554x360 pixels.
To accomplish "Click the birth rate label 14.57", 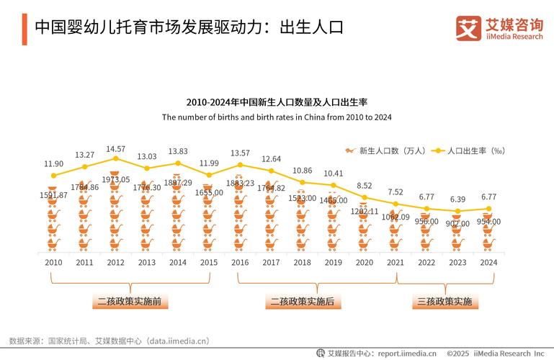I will tap(115, 149).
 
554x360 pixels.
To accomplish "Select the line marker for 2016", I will tap(240, 165).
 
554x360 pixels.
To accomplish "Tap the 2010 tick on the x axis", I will tap(53, 262).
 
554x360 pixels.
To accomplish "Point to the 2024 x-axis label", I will tap(488, 262).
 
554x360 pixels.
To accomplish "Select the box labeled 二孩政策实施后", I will tap(302, 301).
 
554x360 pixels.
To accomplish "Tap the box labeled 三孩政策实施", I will tap(444, 301).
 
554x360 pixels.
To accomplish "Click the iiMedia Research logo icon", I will tap(468, 28).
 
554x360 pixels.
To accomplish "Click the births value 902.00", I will tap(457, 224).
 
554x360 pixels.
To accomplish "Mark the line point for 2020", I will tap(365, 197).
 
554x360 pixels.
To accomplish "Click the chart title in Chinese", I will tap(277, 102).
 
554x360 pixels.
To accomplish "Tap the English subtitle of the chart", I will tap(277, 117).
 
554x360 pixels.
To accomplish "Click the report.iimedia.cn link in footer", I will tap(407, 354).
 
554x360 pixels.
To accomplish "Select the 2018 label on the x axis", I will tap(302, 262).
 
